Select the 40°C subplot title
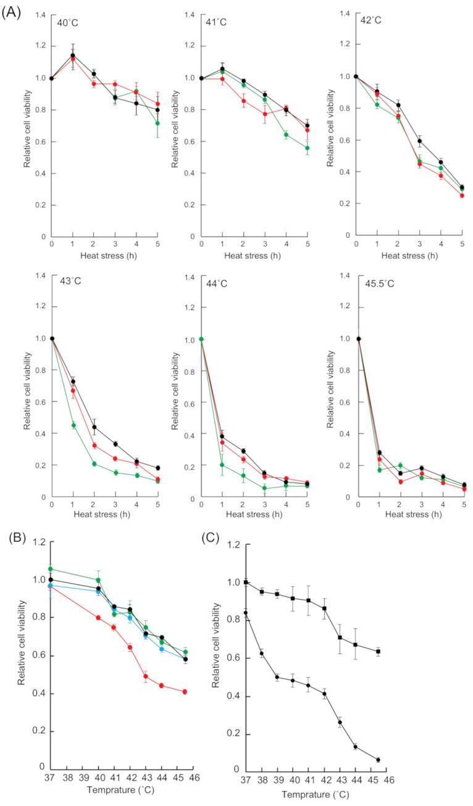[x=69, y=22]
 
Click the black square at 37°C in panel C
[x=246, y=582]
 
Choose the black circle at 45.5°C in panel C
[x=378, y=760]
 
